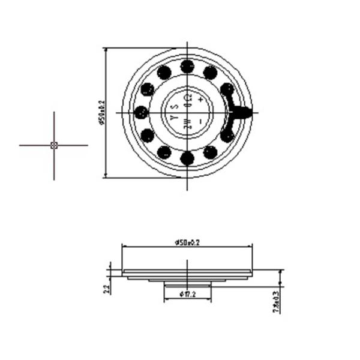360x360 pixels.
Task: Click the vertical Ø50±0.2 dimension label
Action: tap(101, 113)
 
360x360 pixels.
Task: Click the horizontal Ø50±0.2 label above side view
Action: tap(187, 242)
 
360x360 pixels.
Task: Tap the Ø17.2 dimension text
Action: tap(187, 294)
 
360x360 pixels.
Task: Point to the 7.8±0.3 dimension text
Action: tap(276, 301)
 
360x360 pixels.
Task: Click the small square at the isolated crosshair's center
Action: tap(54, 145)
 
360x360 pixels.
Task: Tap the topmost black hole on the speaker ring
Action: tap(187, 66)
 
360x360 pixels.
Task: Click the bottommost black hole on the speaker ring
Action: tap(187, 158)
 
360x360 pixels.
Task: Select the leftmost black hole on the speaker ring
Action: tap(141, 112)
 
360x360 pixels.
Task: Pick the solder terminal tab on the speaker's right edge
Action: tap(242, 112)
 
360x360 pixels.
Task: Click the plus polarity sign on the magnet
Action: tap(200, 98)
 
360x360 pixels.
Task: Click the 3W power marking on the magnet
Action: tap(187, 124)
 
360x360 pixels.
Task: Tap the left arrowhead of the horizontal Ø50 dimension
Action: tap(124, 246)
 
